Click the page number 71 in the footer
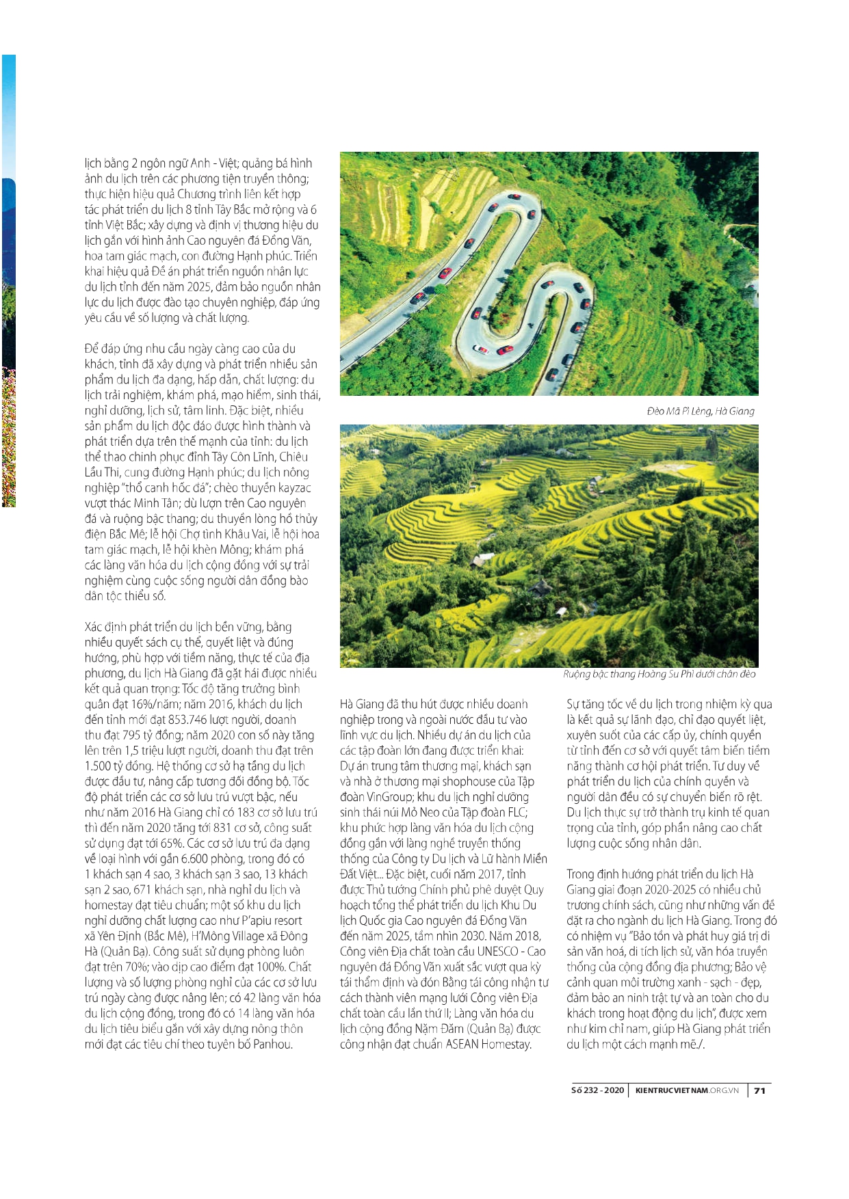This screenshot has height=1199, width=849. [x=759, y=1090]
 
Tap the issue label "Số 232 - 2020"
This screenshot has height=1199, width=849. [x=597, y=1090]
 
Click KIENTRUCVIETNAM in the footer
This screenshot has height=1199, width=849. [x=671, y=1090]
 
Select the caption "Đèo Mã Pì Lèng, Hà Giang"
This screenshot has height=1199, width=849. [x=701, y=411]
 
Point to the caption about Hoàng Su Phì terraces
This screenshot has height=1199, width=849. [x=659, y=674]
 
